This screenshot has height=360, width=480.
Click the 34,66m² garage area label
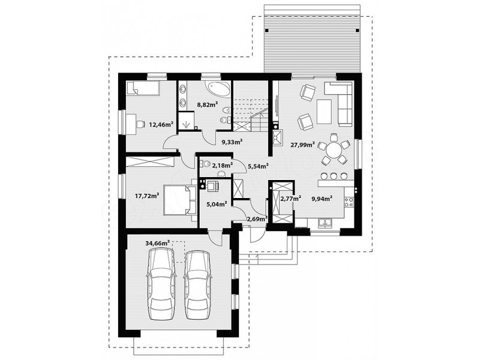(158, 244)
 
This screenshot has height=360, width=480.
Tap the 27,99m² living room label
(303, 145)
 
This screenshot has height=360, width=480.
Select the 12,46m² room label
(161, 124)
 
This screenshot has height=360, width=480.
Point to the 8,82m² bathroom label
(207, 104)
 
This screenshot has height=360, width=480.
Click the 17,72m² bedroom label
(147, 196)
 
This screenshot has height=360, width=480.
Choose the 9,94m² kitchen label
(322, 199)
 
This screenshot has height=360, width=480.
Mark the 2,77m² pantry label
(290, 199)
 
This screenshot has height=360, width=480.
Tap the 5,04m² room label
(217, 204)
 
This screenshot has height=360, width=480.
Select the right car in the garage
(198, 286)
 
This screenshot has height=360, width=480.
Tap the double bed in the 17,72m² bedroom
(181, 200)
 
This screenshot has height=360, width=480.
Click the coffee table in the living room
(324, 112)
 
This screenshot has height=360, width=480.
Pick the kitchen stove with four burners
(349, 202)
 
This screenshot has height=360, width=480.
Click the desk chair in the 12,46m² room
(140, 124)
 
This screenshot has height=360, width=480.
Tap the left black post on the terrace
(267, 31)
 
